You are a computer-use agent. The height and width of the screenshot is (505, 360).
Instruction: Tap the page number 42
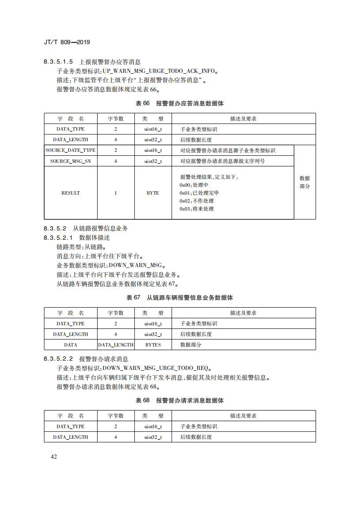click(54, 456)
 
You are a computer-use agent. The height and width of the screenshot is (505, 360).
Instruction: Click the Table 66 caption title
click(180, 103)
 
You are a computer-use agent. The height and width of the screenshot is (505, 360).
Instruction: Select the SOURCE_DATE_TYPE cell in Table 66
click(71, 151)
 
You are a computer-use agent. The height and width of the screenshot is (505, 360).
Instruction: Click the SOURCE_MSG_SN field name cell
click(71, 161)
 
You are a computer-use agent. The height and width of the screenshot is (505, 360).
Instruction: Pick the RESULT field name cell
click(71, 193)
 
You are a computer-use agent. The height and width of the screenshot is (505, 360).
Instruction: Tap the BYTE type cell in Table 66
click(153, 193)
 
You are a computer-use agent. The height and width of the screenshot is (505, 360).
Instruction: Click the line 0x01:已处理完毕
click(199, 193)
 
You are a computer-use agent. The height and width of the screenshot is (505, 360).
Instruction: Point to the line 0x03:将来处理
click(197, 209)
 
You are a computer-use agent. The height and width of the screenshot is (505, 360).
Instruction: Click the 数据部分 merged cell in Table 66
click(305, 182)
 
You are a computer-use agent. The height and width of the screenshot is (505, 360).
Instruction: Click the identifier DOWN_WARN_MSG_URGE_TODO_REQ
click(157, 368)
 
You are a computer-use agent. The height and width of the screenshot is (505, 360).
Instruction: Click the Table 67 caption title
click(180, 298)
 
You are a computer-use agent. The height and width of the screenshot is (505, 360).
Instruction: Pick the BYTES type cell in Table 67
click(153, 345)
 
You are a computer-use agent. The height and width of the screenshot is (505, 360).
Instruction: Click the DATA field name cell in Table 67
click(71, 345)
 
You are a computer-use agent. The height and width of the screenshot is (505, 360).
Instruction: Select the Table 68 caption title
click(180, 400)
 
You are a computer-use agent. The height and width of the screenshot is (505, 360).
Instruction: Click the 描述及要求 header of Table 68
click(243, 416)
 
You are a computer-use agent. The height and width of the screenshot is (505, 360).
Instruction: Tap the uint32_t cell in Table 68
click(153, 437)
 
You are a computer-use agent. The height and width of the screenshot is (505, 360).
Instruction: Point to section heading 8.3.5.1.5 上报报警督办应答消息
click(92, 62)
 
